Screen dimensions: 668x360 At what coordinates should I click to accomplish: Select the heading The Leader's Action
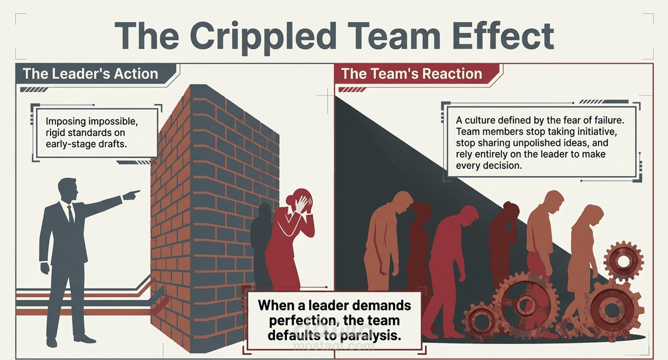click(x=90, y=73)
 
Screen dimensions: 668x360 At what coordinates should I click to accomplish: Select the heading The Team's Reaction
click(x=411, y=73)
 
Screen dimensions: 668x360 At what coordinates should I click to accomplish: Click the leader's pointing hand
click(x=131, y=194)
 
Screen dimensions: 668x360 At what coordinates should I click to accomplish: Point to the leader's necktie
click(x=71, y=214)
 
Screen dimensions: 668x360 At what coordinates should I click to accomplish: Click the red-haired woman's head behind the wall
click(x=299, y=201)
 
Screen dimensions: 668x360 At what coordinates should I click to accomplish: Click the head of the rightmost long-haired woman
click(x=594, y=216)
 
